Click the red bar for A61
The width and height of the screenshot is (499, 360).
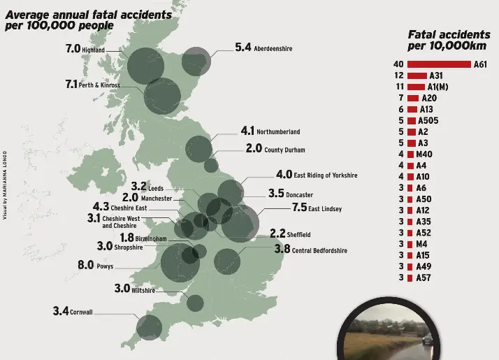tap(439, 64)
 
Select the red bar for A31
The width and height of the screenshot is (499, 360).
tap(417, 75)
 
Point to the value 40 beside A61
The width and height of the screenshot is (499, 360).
tap(398, 64)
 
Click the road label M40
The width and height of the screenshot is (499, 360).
tap(424, 154)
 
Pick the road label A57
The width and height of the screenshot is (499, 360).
tap(423, 278)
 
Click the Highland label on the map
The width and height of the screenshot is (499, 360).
tap(93, 50)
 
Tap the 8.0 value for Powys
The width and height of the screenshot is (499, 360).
tap(85, 266)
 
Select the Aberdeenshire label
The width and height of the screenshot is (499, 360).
tap(273, 49)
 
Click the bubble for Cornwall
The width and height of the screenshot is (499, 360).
tap(149, 327)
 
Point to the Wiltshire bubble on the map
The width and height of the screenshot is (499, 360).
tap(195, 303)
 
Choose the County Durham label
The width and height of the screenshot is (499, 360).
tap(284, 150)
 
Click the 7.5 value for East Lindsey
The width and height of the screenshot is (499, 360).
tap(299, 208)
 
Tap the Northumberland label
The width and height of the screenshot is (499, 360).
tap(278, 131)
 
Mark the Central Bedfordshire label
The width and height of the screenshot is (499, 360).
tap(319, 250)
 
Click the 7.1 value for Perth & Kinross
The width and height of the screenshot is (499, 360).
tap(71, 84)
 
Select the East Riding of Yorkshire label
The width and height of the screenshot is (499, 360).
tap(326, 175)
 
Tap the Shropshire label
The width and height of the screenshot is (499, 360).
tap(129, 247)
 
